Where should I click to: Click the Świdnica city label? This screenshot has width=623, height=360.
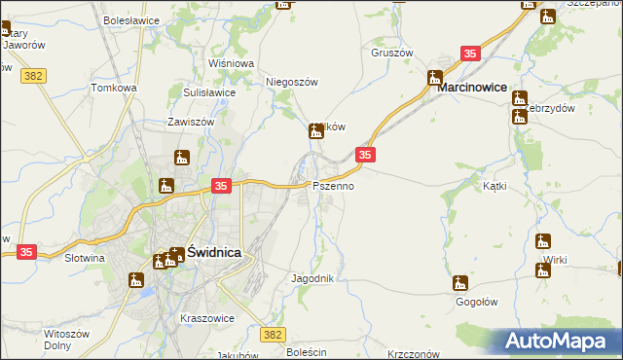point(214,251)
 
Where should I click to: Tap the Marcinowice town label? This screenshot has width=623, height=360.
point(472,87)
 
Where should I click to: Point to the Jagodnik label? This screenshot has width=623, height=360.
point(313,278)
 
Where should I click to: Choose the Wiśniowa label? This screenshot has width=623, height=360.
point(231,63)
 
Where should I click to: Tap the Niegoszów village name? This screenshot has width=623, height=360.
point(293,83)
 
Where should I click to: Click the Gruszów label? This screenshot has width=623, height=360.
point(392,53)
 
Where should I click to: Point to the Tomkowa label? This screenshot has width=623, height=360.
point(114,88)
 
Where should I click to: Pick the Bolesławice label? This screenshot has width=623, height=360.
point(131,18)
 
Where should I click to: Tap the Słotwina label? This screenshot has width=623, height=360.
point(84,259)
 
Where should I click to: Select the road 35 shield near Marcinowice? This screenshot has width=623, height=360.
point(471,54)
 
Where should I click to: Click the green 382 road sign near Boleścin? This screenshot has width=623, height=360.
point(275,335)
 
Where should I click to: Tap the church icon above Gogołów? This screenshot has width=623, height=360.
point(459,283)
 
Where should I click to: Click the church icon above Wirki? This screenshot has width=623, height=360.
point(542,240)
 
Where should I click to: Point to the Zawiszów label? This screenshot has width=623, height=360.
point(190,123)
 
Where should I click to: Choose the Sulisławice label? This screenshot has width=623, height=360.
point(209,92)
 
